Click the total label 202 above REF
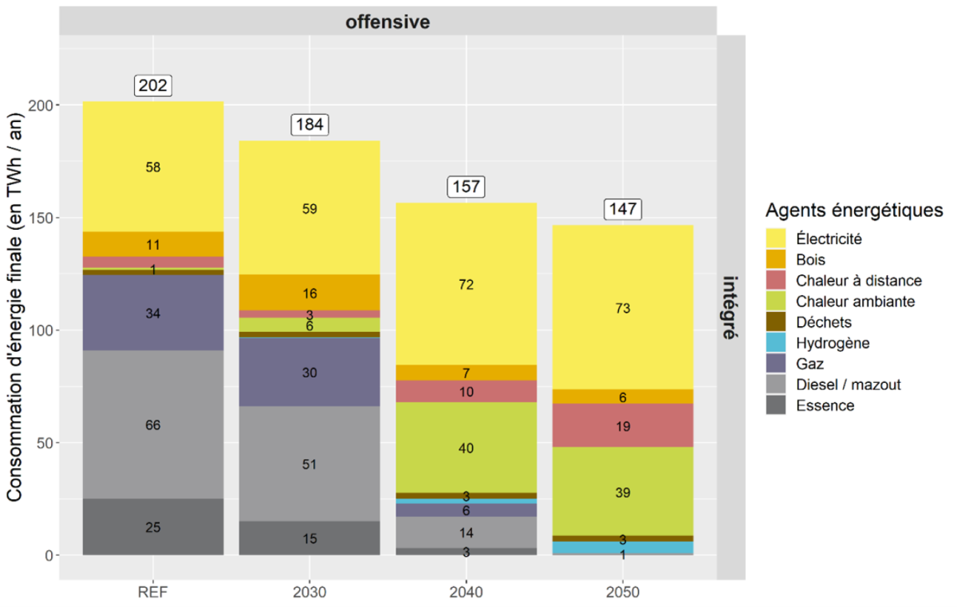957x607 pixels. pos(152,85)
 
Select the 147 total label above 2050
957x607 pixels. pos(623,209)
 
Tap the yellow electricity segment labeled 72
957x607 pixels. pos(467,285)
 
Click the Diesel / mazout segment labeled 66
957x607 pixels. pos(152,425)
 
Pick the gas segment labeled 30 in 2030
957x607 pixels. pos(309,372)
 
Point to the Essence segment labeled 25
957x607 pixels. pos(152,527)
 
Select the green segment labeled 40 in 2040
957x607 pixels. pos(467,448)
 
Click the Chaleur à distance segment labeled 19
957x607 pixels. pos(623,426)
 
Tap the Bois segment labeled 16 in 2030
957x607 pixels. pos(309,294)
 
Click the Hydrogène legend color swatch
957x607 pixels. pos(776,343)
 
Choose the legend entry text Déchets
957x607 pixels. pos(824,322)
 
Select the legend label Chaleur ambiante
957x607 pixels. pos(855,302)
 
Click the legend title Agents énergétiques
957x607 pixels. pos(853,211)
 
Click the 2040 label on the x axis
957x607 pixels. pos(467,594)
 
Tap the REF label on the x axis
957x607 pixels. pos(152,594)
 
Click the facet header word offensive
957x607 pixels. pos(388,22)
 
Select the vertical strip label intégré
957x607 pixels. pos(730,307)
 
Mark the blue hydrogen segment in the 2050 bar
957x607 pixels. pos(623,548)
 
